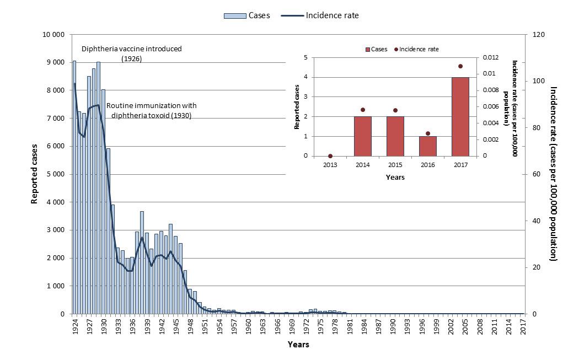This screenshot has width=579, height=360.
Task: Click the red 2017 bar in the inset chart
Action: [x=460, y=116]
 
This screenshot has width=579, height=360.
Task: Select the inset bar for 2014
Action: [x=362, y=136]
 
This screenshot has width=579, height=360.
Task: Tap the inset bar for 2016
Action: [x=427, y=146]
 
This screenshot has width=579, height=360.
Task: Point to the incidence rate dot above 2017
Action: [x=460, y=66]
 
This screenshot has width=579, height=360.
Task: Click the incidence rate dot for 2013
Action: [x=330, y=156]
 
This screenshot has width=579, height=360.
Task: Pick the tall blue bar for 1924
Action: [x=74, y=187]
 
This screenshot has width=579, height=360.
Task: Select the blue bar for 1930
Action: [x=103, y=201]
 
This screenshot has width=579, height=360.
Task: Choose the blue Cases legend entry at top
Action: [x=246, y=15]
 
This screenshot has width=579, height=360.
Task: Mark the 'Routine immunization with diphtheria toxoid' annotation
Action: [x=151, y=110]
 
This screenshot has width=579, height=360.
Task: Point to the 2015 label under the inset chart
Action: [x=395, y=165]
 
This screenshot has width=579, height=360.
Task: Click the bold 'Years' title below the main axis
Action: [x=298, y=345]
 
